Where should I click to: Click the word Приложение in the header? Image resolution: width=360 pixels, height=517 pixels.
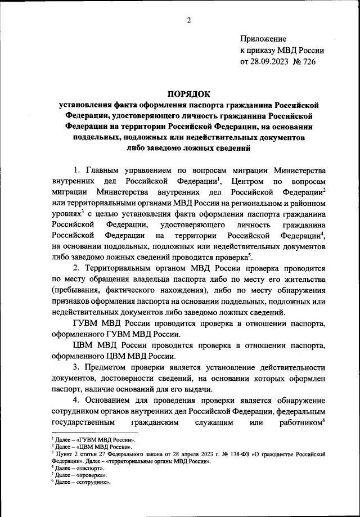(263, 39)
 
